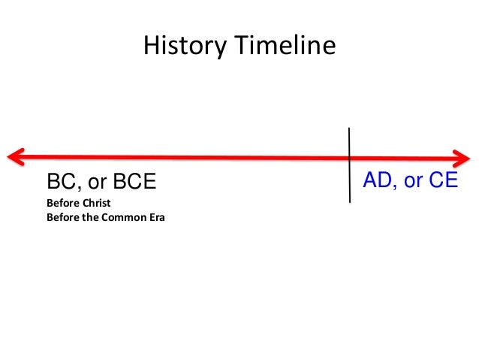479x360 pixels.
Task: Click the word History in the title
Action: [x=182, y=47]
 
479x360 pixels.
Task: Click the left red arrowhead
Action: [x=14, y=156]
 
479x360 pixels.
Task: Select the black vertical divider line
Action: [x=350, y=180]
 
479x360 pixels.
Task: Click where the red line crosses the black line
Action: [x=350, y=157]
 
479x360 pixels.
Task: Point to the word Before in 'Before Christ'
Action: [x=62, y=204]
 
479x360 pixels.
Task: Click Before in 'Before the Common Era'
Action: [x=62, y=218]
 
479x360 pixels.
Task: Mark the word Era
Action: [x=155, y=218]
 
